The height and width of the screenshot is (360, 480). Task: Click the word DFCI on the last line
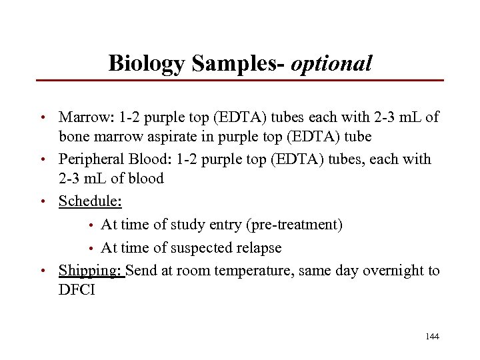click(77, 291)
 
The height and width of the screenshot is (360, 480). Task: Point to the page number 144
click(431, 337)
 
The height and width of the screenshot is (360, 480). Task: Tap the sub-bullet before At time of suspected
click(91, 249)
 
